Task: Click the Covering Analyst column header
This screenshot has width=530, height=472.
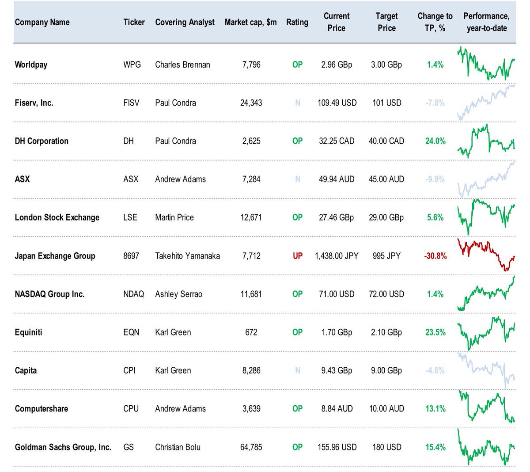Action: pos(185,22)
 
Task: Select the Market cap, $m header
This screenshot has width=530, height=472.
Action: pos(250,22)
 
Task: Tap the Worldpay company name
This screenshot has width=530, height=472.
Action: pos(31,65)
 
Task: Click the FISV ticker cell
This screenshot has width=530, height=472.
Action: pos(131,103)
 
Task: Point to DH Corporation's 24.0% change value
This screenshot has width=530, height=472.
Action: pos(435,141)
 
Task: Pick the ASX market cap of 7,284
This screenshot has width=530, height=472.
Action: pos(251,179)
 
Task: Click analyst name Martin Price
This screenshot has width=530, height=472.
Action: pos(174,217)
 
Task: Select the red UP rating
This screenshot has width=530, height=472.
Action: pos(298,256)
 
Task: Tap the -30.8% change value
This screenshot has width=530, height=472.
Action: pos(435,256)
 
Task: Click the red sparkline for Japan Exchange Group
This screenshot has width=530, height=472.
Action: pos(486,255)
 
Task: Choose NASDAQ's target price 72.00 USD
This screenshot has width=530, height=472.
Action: pos(386,294)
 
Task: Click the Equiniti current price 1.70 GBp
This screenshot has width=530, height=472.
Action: pos(337,332)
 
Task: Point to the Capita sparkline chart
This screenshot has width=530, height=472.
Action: pos(486,370)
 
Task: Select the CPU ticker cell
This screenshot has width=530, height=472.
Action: pos(131,409)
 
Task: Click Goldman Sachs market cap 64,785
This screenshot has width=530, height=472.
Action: pos(251,447)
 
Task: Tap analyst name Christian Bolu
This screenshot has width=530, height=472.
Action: pos(178,447)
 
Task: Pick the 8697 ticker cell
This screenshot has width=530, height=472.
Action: pos(131,256)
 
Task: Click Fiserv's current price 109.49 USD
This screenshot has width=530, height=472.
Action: pos(337,103)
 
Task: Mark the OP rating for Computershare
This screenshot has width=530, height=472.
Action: pos(297,409)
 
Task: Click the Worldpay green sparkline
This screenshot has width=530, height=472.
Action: pos(486,63)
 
